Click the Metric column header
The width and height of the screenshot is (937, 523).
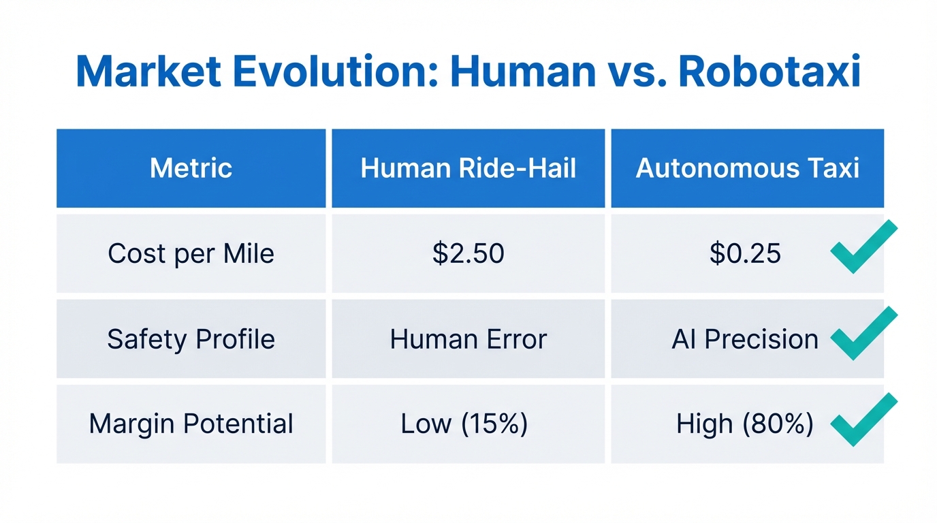click(x=191, y=168)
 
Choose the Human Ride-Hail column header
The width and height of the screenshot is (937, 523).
click(x=468, y=168)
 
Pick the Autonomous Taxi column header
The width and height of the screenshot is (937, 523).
click(x=747, y=168)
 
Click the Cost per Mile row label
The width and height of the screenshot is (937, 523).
click(x=191, y=254)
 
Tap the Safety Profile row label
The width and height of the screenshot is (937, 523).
click(x=191, y=339)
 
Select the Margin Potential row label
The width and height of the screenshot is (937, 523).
click(x=191, y=424)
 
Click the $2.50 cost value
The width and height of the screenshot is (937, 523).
click(x=468, y=254)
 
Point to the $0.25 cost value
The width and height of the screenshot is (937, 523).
click(x=745, y=254)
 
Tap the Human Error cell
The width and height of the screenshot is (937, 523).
click(x=468, y=339)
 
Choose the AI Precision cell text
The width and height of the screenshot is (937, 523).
click(x=745, y=339)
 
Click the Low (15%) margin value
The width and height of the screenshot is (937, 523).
click(x=464, y=424)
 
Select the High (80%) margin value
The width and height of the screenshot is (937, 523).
click(x=744, y=424)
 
